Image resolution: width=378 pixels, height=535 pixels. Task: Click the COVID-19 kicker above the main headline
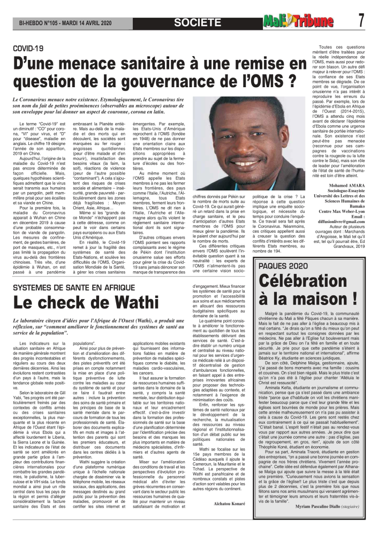[x=28, y=49]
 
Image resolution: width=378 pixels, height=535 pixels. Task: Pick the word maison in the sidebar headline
[x=321, y=303]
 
